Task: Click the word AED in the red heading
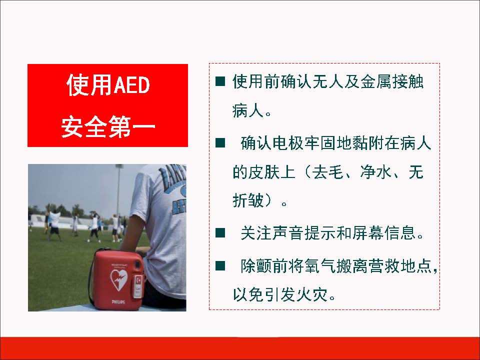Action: (132, 85)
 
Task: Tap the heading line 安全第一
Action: (108, 126)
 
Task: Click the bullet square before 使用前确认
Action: (220, 81)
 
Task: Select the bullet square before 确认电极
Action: (220, 142)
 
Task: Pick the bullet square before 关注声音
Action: (220, 233)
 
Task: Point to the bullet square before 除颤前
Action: (220, 265)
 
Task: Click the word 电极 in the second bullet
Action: (288, 143)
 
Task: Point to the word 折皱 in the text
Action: (248, 201)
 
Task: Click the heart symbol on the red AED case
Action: (118, 279)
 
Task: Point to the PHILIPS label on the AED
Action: (118, 302)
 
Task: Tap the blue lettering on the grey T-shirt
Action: (173, 190)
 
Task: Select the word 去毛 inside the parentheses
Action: (327, 171)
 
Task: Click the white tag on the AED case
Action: (138, 286)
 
